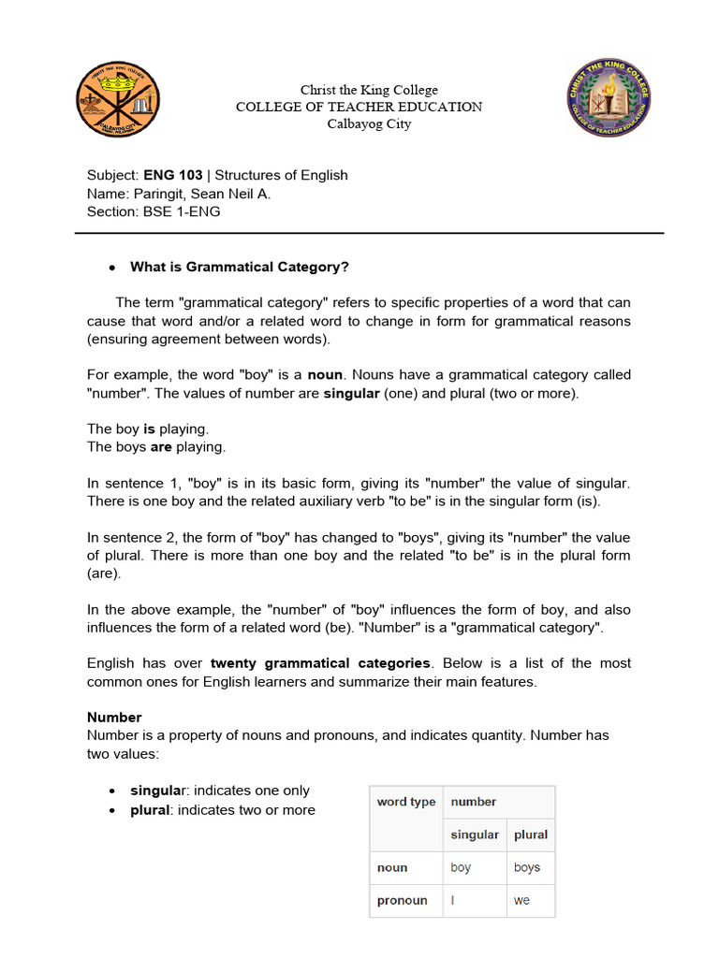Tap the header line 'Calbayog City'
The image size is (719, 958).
click(369, 123)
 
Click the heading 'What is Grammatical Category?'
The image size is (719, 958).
click(240, 267)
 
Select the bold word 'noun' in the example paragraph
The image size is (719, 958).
click(326, 374)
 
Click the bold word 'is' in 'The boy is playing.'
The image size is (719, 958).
click(149, 428)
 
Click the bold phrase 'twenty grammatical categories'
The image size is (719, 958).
click(321, 663)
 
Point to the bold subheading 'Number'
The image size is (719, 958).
click(114, 717)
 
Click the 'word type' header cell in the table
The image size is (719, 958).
click(406, 802)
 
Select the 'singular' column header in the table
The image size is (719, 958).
click(475, 835)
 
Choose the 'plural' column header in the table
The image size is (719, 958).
click(531, 835)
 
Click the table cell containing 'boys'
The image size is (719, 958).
click(527, 867)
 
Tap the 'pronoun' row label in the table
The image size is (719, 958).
click(403, 900)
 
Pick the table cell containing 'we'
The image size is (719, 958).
click(522, 900)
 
